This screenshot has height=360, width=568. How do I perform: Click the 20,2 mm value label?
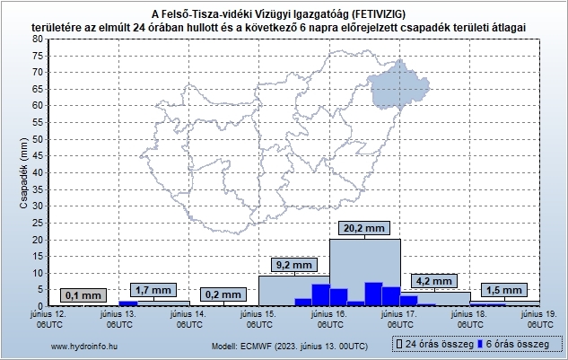363,229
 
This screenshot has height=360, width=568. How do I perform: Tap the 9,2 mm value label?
293,266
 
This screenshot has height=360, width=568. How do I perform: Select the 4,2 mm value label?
434,281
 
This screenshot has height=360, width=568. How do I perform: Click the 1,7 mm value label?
153,290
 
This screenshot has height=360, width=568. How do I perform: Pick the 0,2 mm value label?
223,294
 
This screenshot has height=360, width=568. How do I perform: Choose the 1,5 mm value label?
502,290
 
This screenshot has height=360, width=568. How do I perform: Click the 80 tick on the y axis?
38,40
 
